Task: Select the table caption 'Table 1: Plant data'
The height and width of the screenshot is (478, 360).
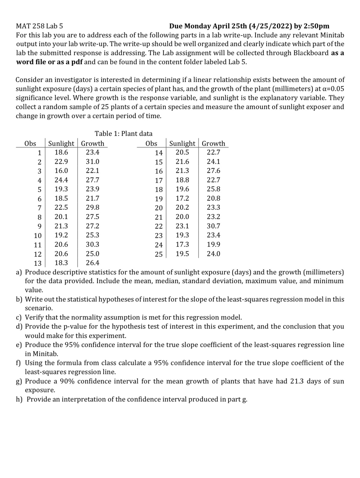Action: [124, 133]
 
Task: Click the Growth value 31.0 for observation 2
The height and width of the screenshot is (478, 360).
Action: [92, 161]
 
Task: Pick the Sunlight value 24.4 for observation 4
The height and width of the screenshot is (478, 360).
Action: [61, 180]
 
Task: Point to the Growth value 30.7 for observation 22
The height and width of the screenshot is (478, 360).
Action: [213, 226]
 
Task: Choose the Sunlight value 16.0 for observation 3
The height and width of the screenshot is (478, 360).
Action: [61, 171]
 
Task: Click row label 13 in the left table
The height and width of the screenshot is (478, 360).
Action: [38, 263]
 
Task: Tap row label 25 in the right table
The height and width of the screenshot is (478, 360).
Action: [159, 254]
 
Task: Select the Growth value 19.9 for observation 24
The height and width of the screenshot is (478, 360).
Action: [213, 244]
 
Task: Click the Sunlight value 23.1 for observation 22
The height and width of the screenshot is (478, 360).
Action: [182, 226]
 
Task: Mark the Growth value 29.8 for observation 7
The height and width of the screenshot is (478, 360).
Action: [92, 208]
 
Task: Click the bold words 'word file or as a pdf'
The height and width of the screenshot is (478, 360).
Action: [49, 62]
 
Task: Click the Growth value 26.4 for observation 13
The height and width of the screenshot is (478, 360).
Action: [92, 263]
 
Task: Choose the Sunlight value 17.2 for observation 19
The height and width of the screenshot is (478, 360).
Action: [182, 198]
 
